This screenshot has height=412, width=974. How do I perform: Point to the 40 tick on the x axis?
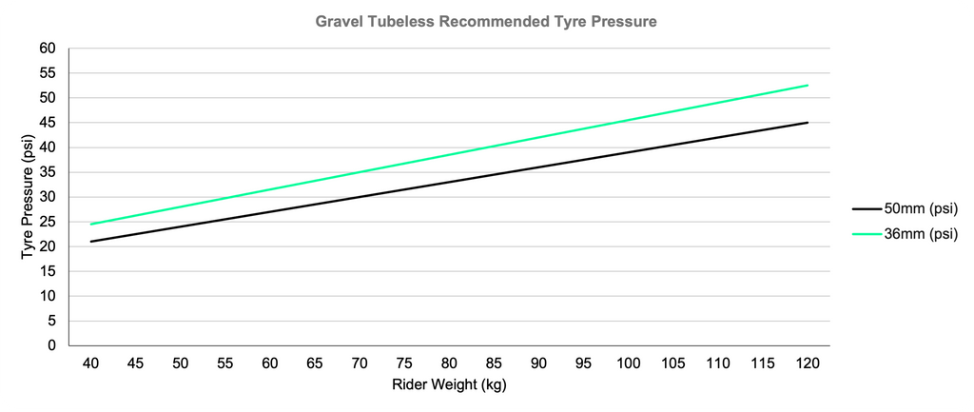91,363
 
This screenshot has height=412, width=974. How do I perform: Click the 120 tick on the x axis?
808,363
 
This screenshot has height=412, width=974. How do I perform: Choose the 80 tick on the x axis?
449,363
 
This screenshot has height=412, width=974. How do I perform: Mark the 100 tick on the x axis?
629,363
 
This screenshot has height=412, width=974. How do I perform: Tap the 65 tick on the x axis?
315,363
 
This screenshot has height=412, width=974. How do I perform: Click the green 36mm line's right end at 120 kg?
808,86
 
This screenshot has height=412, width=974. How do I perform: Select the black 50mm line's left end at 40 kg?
91,242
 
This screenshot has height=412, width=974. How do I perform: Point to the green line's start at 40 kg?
91,224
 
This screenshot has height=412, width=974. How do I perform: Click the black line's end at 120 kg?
808,123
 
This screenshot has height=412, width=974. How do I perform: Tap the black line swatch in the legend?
867,208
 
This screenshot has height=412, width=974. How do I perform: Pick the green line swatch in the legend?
867,233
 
